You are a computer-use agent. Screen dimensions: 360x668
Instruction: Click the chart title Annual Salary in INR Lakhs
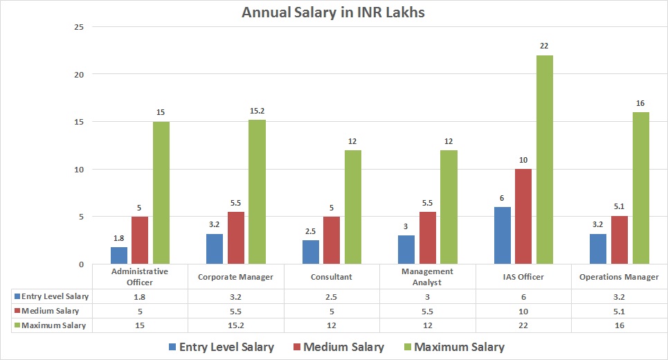[334, 12]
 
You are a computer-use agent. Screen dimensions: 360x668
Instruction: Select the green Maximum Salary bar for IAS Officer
[545, 159]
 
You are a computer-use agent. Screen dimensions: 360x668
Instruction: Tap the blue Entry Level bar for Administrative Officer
[119, 255]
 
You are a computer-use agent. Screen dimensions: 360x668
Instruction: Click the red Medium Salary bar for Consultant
[332, 240]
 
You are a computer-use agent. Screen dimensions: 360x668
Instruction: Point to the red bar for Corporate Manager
[236, 237]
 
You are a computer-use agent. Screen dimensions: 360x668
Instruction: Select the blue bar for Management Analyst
[406, 250]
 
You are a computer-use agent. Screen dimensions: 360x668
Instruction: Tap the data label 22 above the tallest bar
[545, 46]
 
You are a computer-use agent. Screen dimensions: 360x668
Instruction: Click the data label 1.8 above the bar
[119, 237]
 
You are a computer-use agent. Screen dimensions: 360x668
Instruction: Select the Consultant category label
[332, 277]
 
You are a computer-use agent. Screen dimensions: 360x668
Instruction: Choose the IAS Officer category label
[523, 277]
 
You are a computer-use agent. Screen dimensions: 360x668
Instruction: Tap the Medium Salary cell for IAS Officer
[523, 311]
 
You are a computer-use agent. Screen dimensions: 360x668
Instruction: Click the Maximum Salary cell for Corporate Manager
[236, 325]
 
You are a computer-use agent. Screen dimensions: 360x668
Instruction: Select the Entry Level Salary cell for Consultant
[332, 296]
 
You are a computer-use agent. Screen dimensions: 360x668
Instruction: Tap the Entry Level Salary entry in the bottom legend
[221, 347]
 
